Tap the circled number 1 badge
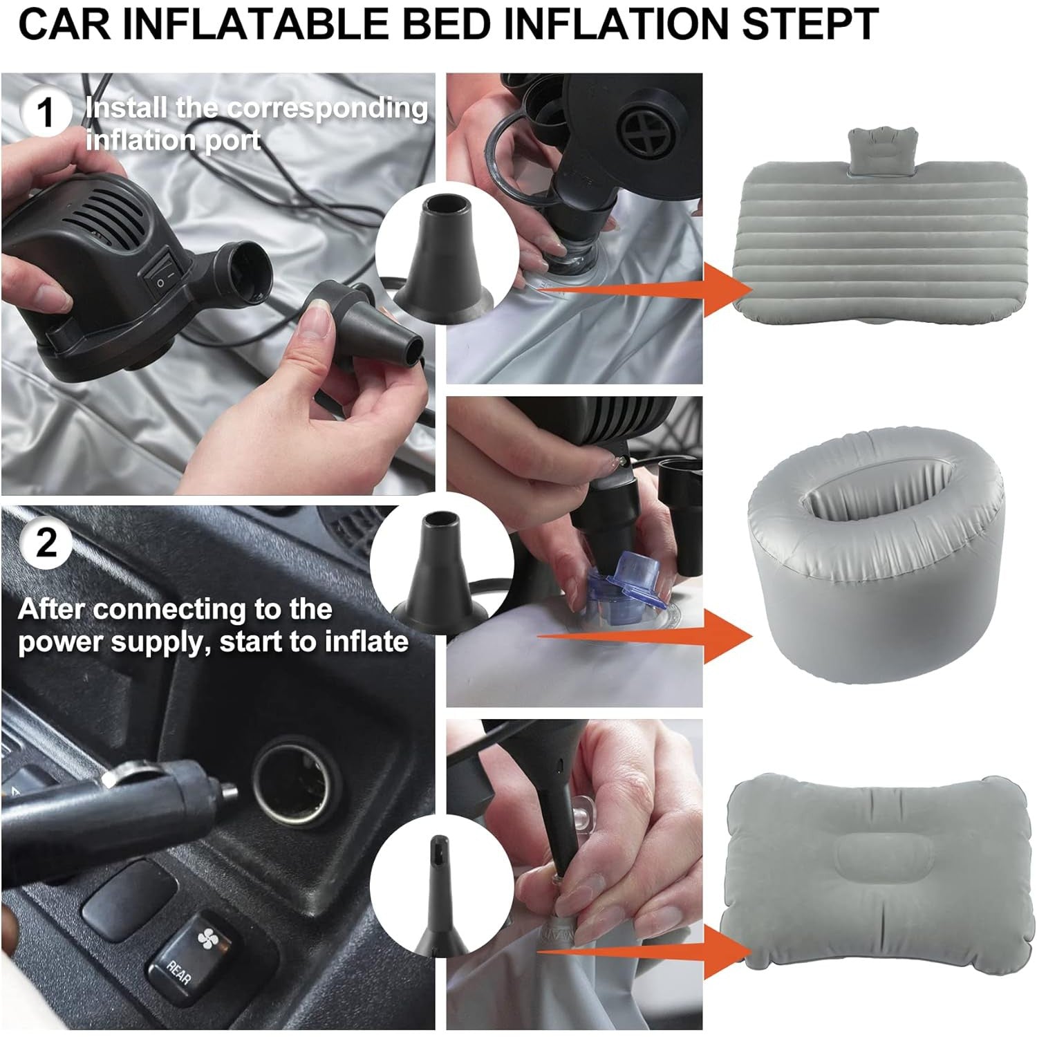click(46, 112)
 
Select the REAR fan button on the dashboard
click(194, 953)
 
